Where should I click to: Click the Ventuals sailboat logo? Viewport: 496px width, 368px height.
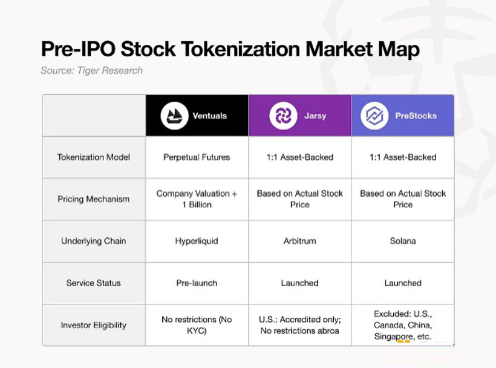click(x=174, y=116)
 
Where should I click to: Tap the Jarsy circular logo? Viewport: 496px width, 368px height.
click(x=282, y=116)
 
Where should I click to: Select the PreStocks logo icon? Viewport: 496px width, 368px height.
click(x=374, y=116)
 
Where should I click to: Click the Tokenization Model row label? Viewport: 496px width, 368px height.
click(x=94, y=157)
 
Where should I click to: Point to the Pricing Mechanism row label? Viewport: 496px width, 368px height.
click(x=94, y=199)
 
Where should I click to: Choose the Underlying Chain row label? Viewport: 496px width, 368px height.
click(x=94, y=241)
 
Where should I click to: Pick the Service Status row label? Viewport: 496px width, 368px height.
click(x=94, y=283)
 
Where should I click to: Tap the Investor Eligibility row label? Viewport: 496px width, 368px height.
click(x=94, y=325)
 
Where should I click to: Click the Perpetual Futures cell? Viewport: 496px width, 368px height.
click(x=197, y=157)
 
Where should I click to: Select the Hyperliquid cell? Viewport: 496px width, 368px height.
click(x=197, y=241)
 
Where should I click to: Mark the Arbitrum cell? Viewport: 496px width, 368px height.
click(x=299, y=241)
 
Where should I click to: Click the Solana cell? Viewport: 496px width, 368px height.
click(x=403, y=241)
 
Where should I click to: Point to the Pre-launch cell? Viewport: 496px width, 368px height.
click(x=197, y=283)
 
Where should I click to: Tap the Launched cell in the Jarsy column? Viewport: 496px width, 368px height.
click(x=299, y=283)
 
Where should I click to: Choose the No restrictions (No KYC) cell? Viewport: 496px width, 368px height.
click(x=197, y=325)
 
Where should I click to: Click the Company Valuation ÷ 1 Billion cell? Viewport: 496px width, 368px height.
click(x=197, y=199)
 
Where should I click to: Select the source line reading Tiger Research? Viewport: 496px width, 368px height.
click(x=92, y=70)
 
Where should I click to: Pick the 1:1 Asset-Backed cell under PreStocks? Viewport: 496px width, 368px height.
click(x=403, y=157)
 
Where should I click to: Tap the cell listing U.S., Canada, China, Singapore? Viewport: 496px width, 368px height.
click(x=403, y=325)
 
